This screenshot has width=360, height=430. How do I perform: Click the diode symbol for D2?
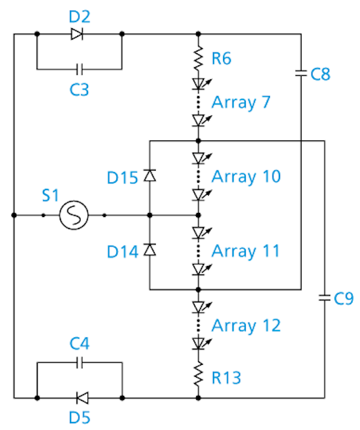77,34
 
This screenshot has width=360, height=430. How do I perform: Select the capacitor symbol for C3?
79,69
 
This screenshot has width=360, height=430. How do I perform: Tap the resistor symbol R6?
198,58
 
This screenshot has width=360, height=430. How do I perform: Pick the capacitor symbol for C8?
301,73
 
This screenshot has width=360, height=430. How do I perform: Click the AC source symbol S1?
74,215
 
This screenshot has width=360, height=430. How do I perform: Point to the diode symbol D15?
150,175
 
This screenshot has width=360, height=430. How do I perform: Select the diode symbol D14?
150,249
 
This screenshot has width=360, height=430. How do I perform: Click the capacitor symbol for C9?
324,298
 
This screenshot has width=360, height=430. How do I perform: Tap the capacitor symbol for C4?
79,363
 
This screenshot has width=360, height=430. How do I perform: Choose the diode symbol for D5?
82,398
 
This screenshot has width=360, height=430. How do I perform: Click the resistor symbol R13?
198,374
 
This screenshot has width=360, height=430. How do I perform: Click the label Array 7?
241,103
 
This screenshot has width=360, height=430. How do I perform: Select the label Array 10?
246,177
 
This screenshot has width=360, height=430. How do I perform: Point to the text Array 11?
246,251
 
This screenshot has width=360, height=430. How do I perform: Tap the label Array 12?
246,326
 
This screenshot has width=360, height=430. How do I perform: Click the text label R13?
226,378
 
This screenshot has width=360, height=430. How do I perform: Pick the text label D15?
122,177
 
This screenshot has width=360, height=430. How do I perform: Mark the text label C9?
344,298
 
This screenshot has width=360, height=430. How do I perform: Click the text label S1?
50,196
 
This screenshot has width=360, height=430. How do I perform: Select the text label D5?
79,418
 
